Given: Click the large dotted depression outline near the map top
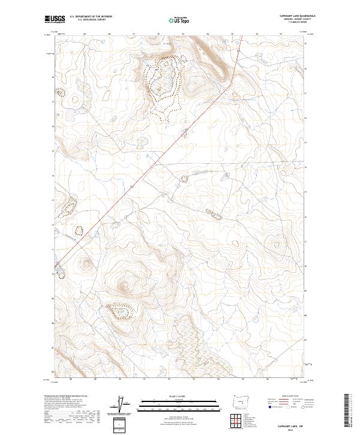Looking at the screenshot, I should (162, 81).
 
